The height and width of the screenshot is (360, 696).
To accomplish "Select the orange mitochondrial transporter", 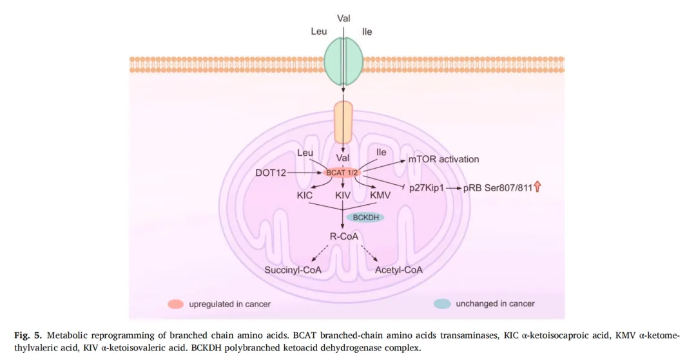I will coord(343,121).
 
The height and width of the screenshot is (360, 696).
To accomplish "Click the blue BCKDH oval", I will coord(365,217).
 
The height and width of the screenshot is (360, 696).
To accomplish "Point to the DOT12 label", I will coord(271,173).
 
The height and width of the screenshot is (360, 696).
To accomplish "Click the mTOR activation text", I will coord(444,159).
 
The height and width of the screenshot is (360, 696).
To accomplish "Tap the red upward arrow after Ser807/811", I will coord(537,187).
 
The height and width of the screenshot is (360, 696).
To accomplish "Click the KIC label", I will coord(305,194).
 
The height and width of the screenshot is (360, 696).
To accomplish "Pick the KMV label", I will coord(380,194).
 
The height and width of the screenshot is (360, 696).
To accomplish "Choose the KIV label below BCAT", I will coord(342,194).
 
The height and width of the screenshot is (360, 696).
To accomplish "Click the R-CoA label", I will coord(343,236).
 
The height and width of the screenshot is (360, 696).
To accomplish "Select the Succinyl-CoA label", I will coord(293,270).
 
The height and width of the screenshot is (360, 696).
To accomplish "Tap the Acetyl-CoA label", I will coord(399,270).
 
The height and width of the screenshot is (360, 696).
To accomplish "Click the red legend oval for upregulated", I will coord(175,303).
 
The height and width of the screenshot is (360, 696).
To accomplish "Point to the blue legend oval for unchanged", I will coord(442,303).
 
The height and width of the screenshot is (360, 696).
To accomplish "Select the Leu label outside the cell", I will coord(319,31).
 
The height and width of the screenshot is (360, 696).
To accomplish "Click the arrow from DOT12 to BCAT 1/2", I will coord(306,173).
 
